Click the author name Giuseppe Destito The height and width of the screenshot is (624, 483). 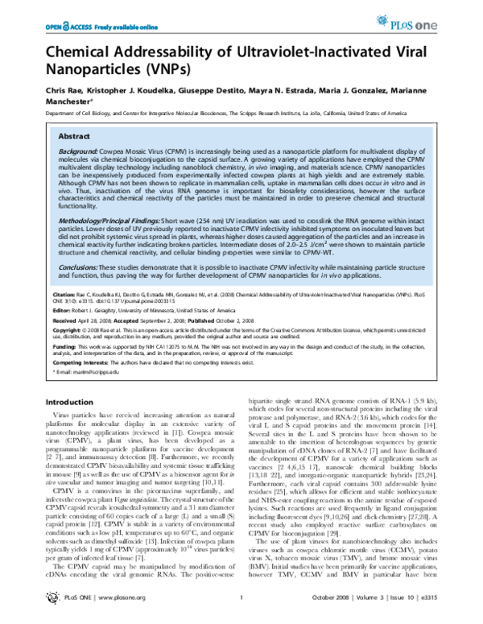[x=186, y=94]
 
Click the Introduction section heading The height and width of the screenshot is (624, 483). [x=69, y=402]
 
